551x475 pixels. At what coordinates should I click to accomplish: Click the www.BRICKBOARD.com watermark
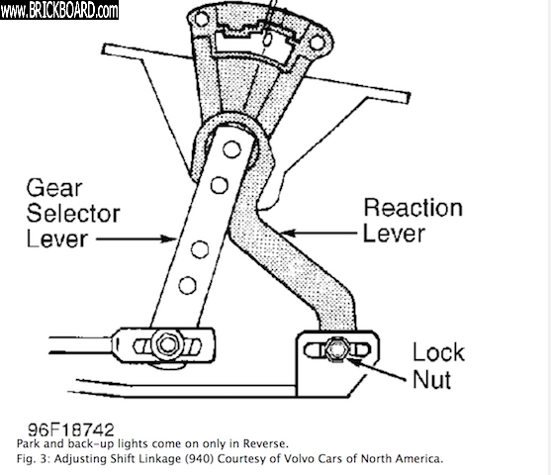(x=59, y=10)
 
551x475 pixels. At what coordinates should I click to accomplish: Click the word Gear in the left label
(x=54, y=188)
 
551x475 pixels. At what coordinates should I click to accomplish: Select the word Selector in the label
(x=73, y=213)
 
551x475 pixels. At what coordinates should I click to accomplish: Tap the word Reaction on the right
(x=413, y=208)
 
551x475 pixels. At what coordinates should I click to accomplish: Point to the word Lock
(x=438, y=352)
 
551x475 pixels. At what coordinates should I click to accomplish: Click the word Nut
(x=432, y=379)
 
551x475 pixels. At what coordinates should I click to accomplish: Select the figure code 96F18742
(x=71, y=429)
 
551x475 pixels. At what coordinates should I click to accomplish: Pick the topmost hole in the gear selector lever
(x=231, y=149)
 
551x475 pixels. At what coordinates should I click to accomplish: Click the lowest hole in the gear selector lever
(x=187, y=285)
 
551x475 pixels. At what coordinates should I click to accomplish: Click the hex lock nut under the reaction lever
(x=335, y=349)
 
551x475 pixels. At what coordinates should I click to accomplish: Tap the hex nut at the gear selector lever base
(x=167, y=344)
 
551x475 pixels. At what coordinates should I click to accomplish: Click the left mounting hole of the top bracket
(x=202, y=19)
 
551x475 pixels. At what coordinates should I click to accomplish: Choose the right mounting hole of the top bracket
(x=317, y=43)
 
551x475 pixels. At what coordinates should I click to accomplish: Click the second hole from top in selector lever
(x=220, y=185)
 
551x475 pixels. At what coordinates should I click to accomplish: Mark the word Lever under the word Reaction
(x=394, y=234)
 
